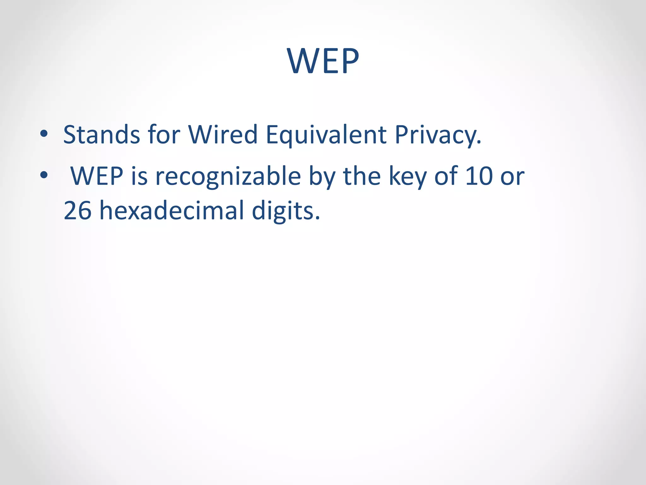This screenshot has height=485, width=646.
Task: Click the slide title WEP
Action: [x=323, y=61]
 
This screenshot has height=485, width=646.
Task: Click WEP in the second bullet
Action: [x=97, y=176]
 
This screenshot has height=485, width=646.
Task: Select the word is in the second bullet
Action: [x=139, y=176]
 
